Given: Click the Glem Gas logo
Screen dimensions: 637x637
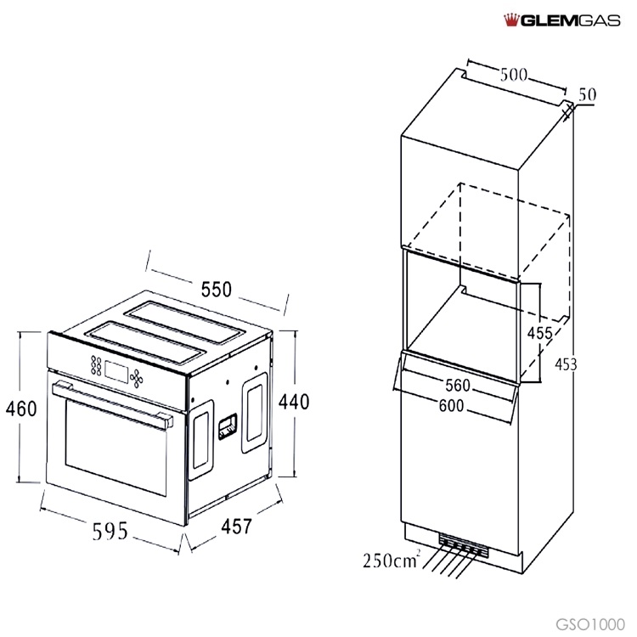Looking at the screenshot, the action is coord(562,20).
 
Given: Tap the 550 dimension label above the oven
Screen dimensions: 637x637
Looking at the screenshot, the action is coord(216,290).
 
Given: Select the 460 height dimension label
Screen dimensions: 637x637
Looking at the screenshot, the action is coord(21,409).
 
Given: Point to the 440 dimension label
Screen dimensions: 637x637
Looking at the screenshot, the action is coord(294,402).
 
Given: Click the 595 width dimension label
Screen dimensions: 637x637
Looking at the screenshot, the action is coord(110,532).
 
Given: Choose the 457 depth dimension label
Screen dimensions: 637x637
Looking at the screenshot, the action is coord(236,526).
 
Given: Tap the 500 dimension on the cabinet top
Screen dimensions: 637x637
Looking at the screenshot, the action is coord(514,75).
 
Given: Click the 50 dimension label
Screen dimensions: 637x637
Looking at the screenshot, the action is coord(587,94).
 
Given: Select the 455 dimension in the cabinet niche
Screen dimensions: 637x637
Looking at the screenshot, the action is coord(539,333).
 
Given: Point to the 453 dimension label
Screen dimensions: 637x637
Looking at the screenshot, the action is coord(566,364).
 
